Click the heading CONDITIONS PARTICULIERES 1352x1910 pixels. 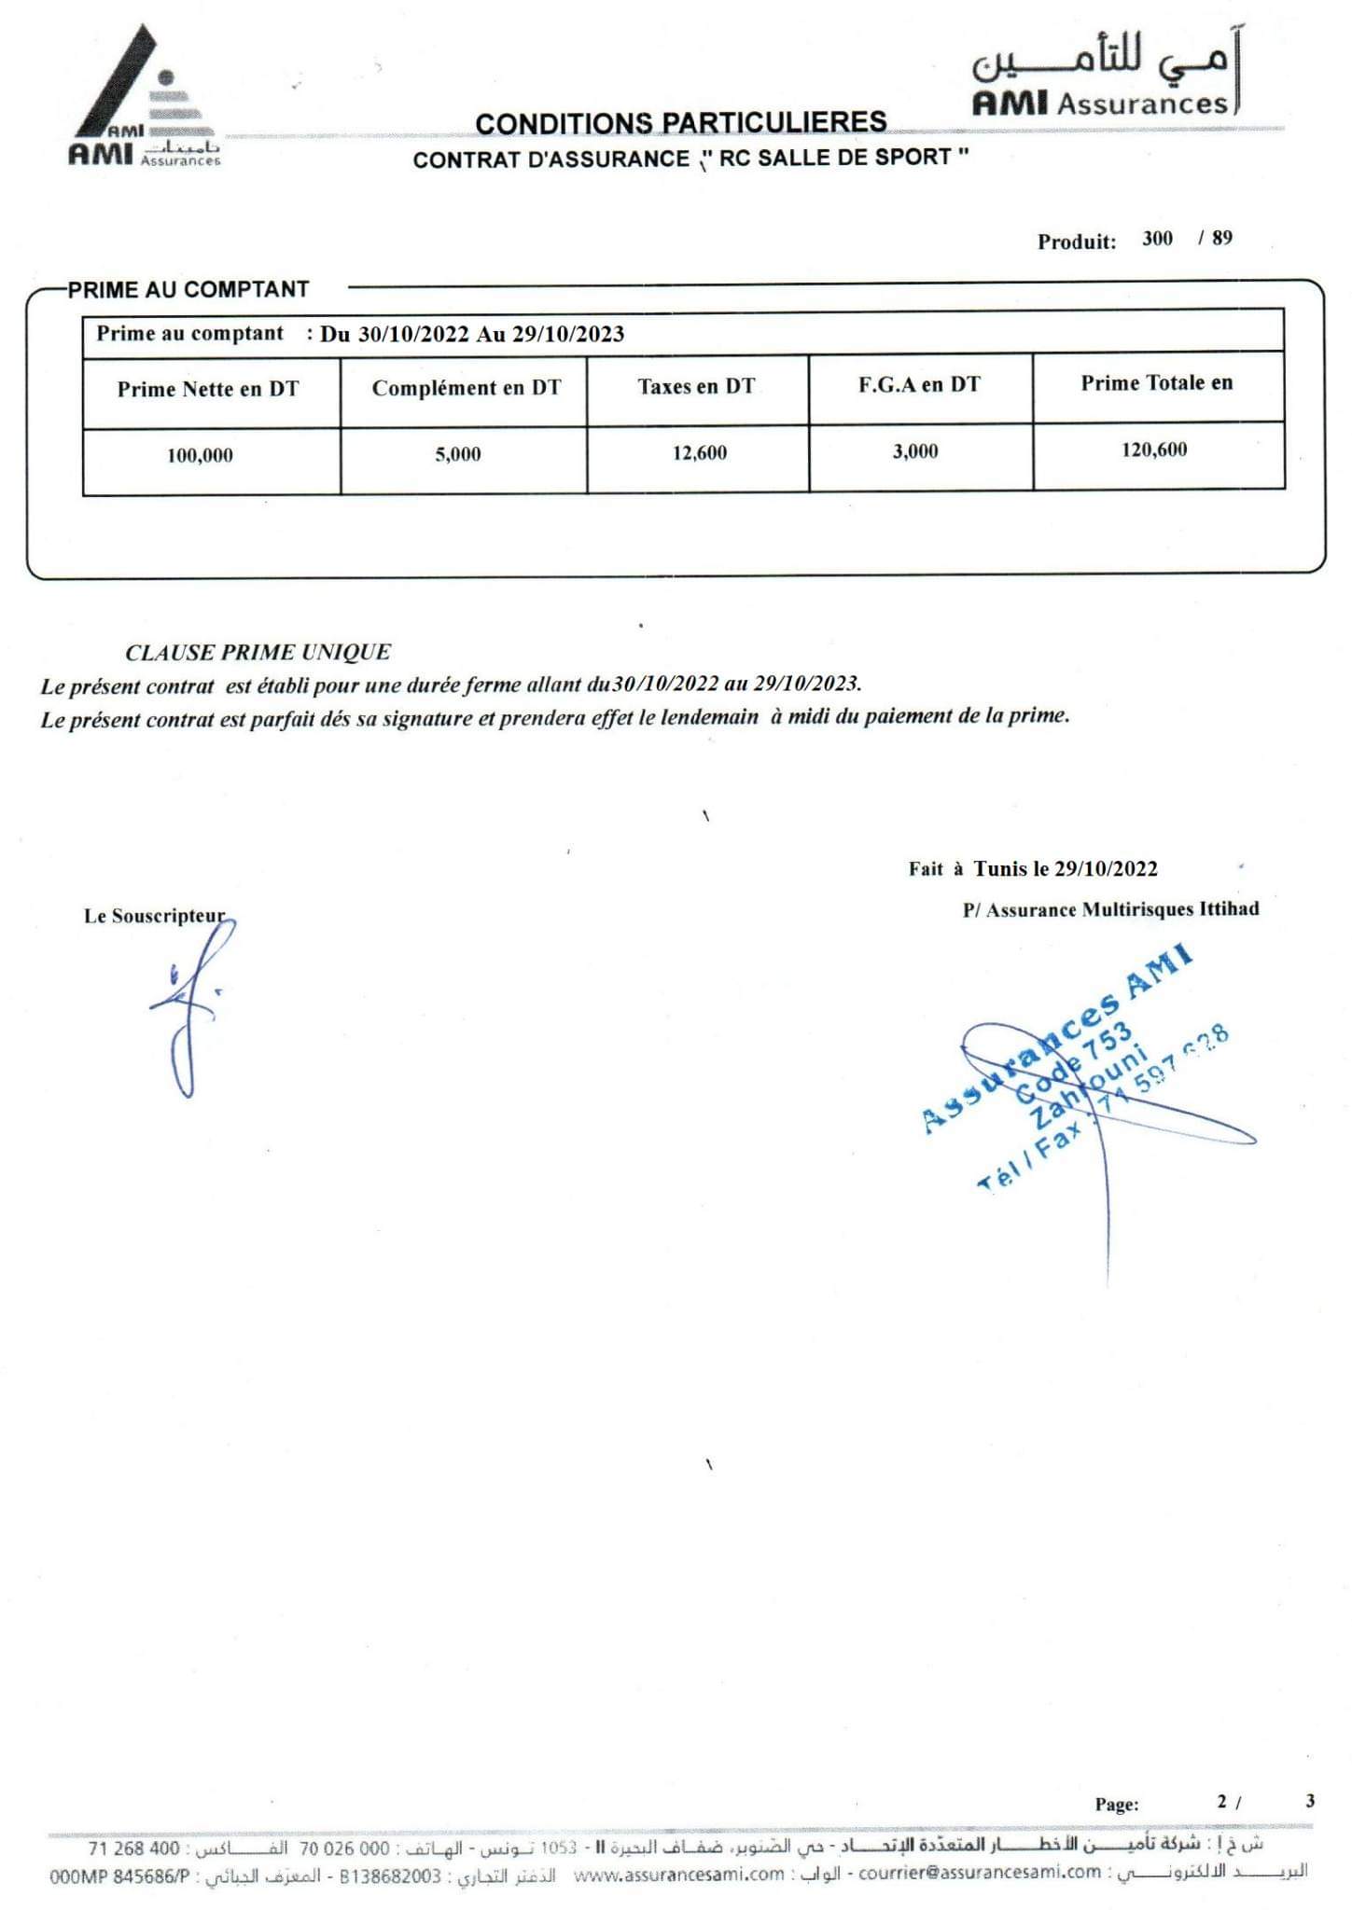[x=680, y=122]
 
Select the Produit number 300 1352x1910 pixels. [x=1156, y=238]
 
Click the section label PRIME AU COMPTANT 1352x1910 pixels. [x=188, y=289]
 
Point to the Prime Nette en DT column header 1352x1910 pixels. [x=208, y=389]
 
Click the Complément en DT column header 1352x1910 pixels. [x=466, y=387]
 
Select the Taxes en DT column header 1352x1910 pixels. [x=696, y=385]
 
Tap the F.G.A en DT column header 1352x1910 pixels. [x=918, y=384]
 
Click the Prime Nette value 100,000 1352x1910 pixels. [x=200, y=455]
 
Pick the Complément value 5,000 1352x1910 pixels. [x=457, y=454]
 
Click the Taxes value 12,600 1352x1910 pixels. [x=699, y=452]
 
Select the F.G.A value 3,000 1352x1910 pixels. [x=914, y=451]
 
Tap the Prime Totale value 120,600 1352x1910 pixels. [x=1153, y=450]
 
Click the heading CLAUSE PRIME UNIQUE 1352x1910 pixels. [x=258, y=652]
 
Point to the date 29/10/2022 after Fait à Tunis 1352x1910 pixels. [x=1105, y=868]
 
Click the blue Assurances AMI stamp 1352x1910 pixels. [x=1073, y=1073]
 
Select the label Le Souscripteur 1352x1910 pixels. [x=154, y=916]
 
